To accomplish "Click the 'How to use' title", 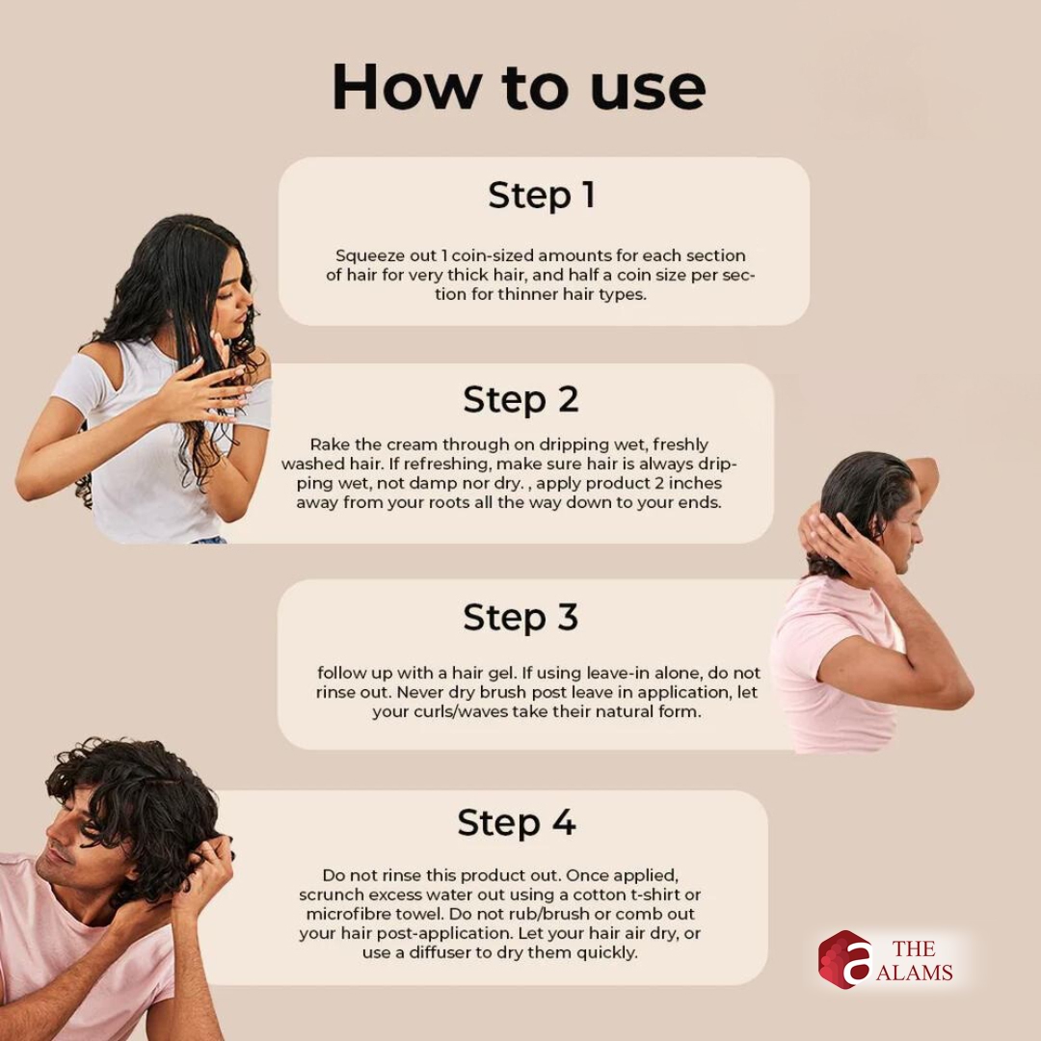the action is pyautogui.click(x=519, y=87).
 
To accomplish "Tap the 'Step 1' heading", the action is pyautogui.click(x=541, y=195).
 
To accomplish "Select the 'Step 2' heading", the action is pyautogui.click(x=520, y=400).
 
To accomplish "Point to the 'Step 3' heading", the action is pyautogui.click(x=520, y=617).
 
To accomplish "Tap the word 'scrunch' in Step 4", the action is pyautogui.click(x=331, y=894).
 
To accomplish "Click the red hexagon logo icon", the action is pyautogui.click(x=843, y=959).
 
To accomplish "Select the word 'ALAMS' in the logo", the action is pyautogui.click(x=914, y=973).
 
